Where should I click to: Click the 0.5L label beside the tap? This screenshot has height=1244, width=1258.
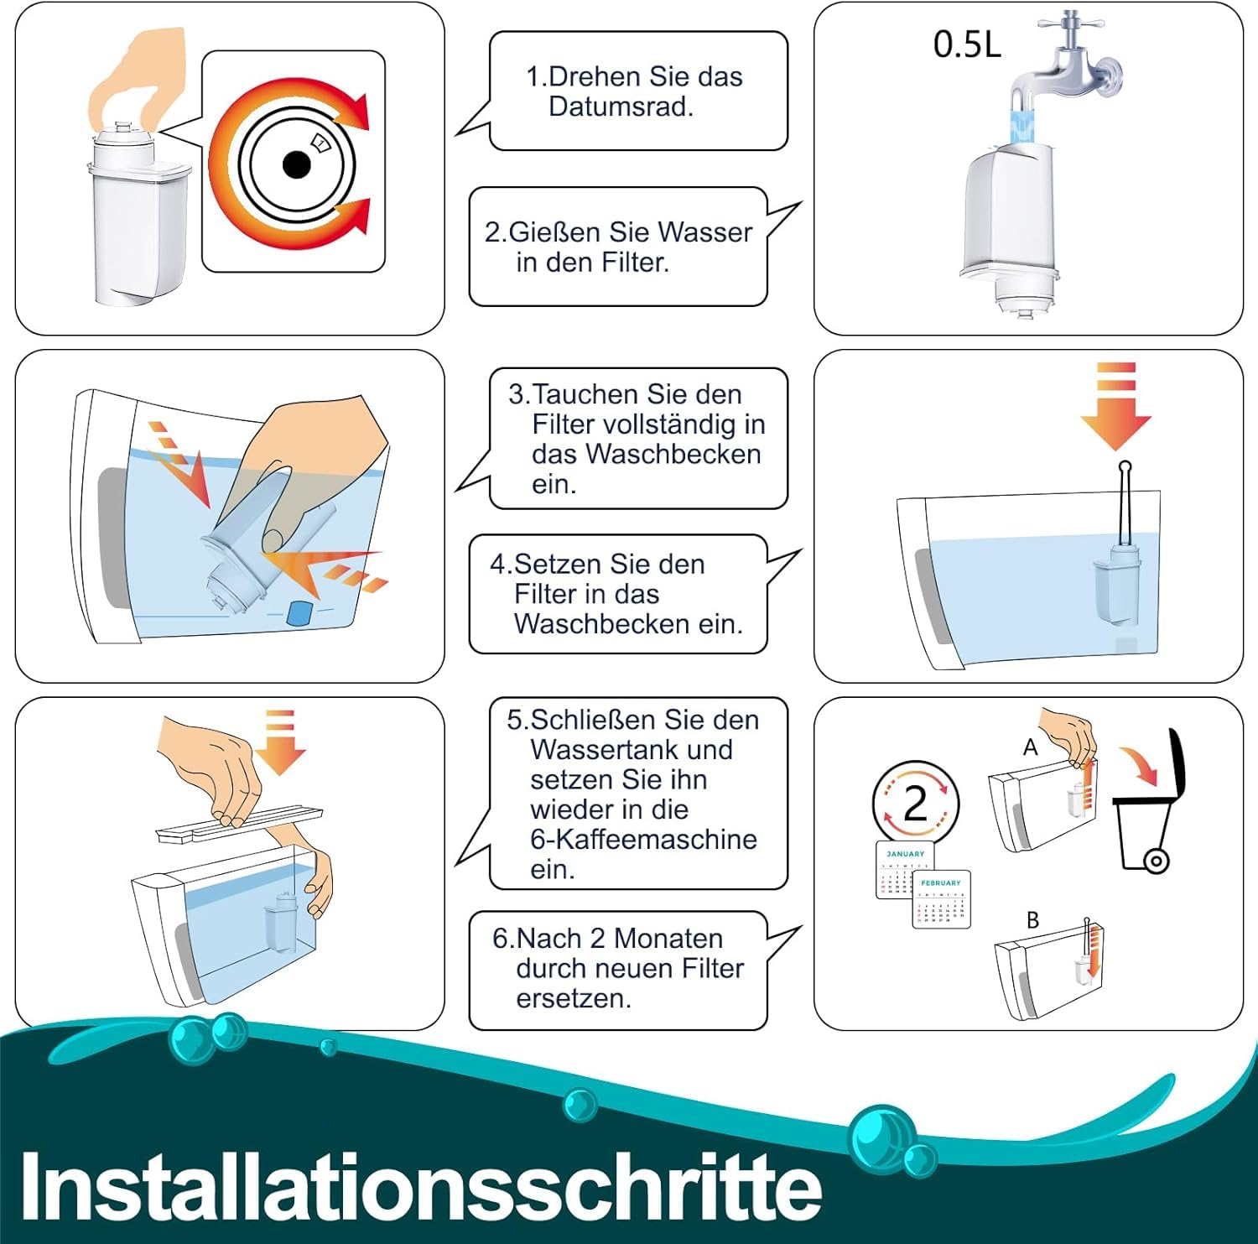[967, 44]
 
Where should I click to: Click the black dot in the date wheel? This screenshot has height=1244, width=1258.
[296, 164]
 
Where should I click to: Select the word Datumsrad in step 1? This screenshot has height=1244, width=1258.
[620, 107]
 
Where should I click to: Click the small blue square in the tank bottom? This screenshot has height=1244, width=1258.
[299, 612]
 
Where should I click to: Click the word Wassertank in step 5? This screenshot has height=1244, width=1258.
[632, 749]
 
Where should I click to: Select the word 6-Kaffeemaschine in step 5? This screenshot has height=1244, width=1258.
[643, 839]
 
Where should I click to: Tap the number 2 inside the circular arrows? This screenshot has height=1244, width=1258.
[915, 804]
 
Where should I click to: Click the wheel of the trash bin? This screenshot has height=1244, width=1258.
[1157, 861]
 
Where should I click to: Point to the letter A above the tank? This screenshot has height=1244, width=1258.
[1030, 747]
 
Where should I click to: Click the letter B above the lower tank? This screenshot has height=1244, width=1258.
[1032, 920]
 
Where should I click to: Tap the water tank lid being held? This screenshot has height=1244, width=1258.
[239, 824]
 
